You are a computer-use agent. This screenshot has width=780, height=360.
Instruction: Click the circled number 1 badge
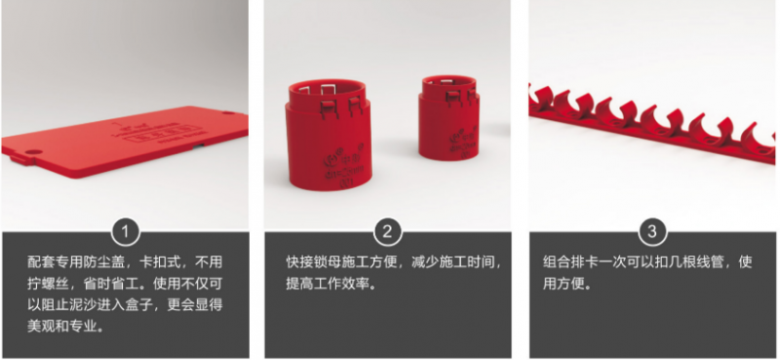coord(126,231)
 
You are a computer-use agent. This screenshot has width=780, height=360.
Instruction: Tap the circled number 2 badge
coord(387,231)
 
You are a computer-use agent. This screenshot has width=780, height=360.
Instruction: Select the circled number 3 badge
coord(652,231)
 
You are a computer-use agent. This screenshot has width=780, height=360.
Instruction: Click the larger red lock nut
coord(329,135)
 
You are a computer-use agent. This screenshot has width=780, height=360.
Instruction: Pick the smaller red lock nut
coord(448,117)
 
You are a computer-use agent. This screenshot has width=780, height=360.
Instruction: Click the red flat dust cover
coord(125,140)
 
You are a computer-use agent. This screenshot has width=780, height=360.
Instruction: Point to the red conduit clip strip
coord(651,123)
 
